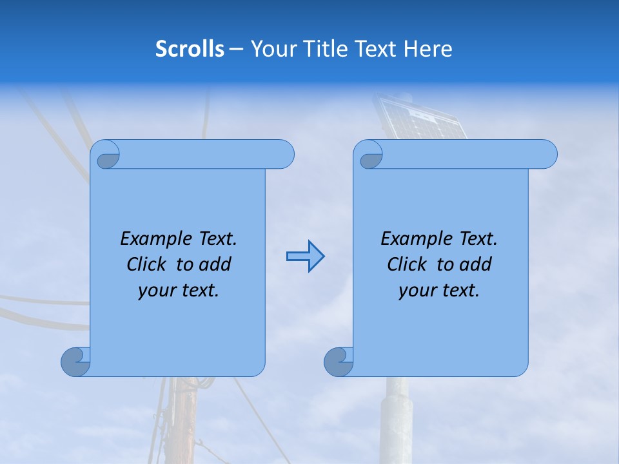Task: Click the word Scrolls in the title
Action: (190, 49)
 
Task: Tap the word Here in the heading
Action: (428, 49)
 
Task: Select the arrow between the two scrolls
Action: (305, 256)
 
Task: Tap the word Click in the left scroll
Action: (148, 264)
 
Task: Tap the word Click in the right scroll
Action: (409, 264)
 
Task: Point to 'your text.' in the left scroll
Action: (179, 291)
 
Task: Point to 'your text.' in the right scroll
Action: (439, 291)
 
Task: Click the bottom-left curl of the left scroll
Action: (75, 362)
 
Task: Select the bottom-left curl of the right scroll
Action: (339, 362)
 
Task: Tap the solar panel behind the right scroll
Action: (422, 120)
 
